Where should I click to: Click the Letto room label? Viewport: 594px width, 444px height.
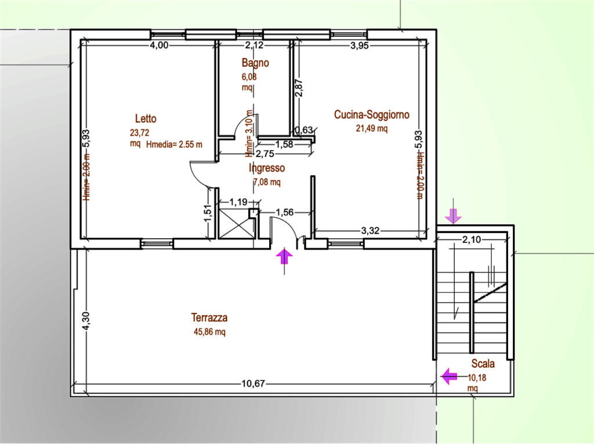tap(146, 119)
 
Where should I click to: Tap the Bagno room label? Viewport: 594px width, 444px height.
tap(255, 63)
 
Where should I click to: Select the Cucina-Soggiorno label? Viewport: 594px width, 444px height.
tap(372, 115)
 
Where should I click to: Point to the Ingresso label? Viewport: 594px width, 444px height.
tap(267, 168)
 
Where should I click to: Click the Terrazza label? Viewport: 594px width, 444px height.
tap(209, 318)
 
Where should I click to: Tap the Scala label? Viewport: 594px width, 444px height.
tap(483, 364)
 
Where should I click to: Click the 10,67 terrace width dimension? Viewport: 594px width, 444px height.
tap(253, 384)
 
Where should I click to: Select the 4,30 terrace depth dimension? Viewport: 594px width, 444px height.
tap(86, 321)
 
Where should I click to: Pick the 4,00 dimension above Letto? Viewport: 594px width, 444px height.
tap(159, 45)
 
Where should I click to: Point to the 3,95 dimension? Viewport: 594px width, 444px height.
tap(359, 46)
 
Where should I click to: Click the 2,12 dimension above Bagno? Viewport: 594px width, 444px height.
tap(254, 45)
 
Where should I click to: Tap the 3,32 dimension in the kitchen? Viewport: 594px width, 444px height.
tap(370, 231)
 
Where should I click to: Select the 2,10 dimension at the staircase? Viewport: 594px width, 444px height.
tap(472, 239)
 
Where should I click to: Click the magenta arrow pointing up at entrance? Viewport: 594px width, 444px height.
tap(284, 256)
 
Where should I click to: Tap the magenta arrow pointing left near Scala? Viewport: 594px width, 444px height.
tap(450, 377)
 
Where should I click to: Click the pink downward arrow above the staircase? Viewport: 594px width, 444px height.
tap(453, 216)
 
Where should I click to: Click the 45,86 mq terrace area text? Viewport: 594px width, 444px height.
tap(209, 332)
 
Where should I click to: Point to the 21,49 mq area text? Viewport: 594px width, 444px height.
tap(372, 128)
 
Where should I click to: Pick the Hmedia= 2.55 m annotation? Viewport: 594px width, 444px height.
tap(174, 144)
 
